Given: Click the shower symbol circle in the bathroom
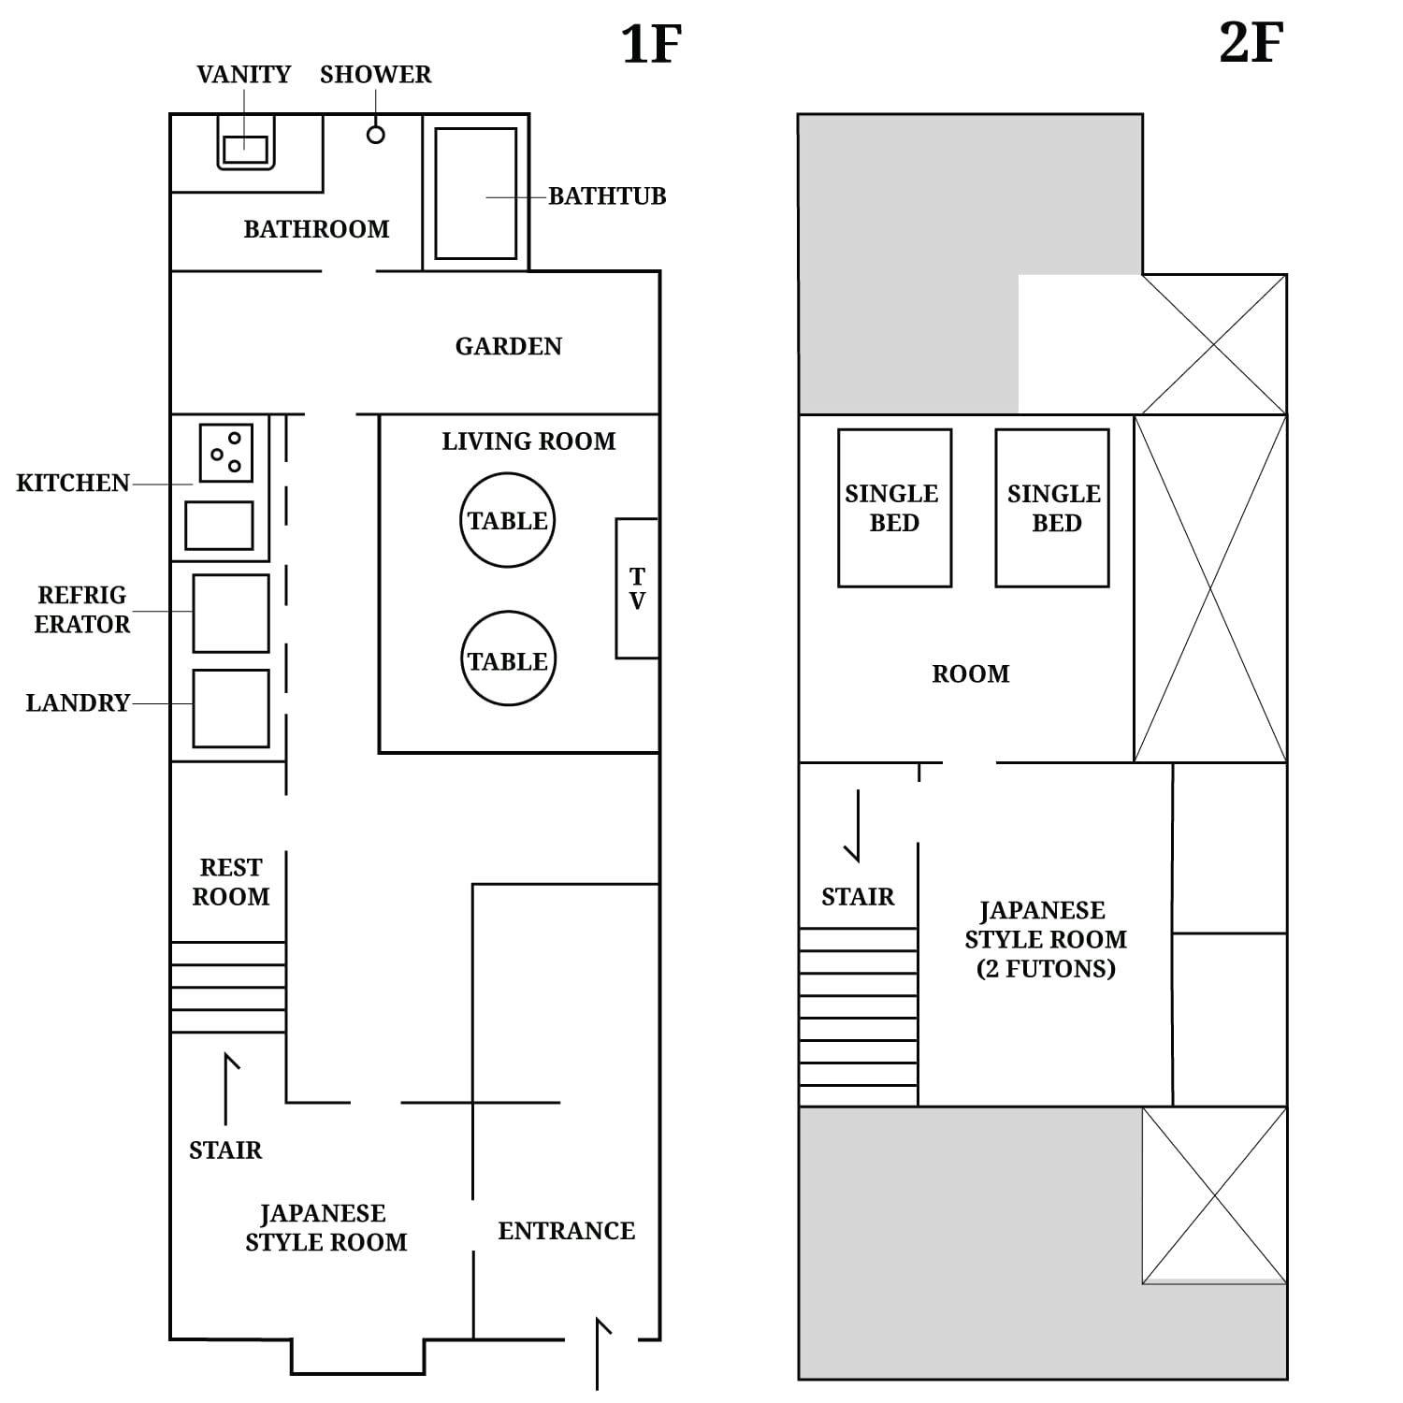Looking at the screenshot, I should [375, 135].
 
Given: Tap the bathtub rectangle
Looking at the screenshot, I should [475, 194].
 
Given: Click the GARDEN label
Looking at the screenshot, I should [508, 347].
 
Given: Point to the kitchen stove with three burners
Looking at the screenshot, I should [225, 453].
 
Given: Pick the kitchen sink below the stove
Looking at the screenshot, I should [219, 525].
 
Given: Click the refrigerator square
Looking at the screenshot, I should [231, 613].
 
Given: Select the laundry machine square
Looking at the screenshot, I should [231, 708].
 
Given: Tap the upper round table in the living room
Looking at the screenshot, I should [507, 520].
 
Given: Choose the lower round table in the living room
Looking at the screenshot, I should [508, 659].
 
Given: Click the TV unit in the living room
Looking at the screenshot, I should [637, 588].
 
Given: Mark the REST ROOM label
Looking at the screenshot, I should [231, 882].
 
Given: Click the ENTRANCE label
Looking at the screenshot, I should [566, 1231].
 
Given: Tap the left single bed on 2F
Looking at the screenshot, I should [894, 508].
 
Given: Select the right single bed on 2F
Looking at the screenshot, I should [1052, 508].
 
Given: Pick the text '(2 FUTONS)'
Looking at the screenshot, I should [1046, 969].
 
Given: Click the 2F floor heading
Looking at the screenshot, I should [1251, 43].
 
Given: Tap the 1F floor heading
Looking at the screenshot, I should [651, 44].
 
